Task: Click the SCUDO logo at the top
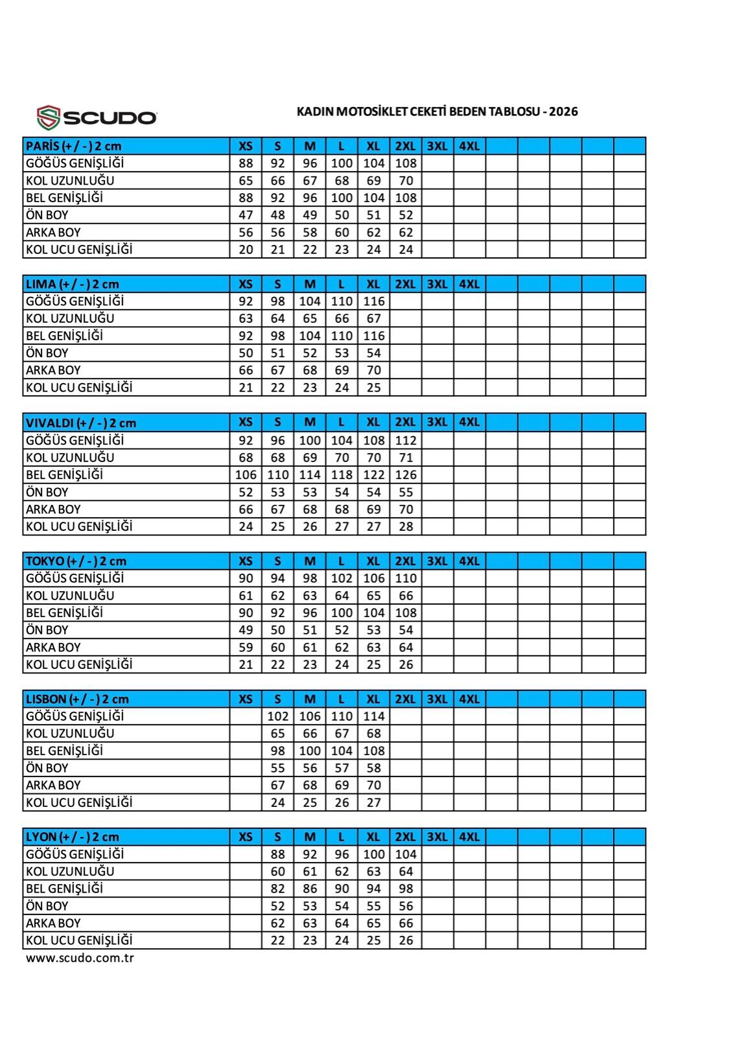[x=97, y=117]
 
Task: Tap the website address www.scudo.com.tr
[x=80, y=958]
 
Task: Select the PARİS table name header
[x=73, y=146]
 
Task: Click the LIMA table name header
[x=72, y=284]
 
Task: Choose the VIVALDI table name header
[x=81, y=423]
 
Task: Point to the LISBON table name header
[x=77, y=699]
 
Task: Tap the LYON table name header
[x=72, y=837]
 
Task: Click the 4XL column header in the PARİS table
[x=469, y=146]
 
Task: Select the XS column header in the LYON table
[x=246, y=837]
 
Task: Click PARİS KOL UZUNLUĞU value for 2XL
[x=406, y=180]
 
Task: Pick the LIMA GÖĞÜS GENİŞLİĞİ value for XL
[x=374, y=301]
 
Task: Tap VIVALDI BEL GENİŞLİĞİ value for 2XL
[x=406, y=474]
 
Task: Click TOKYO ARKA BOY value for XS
[x=246, y=647]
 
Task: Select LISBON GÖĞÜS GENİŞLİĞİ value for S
[x=277, y=716]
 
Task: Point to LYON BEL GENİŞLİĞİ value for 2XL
[x=406, y=889]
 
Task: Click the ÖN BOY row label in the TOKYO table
[x=47, y=630]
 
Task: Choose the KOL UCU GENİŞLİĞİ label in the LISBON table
[x=79, y=802]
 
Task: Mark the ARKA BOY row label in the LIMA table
[x=53, y=370]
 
